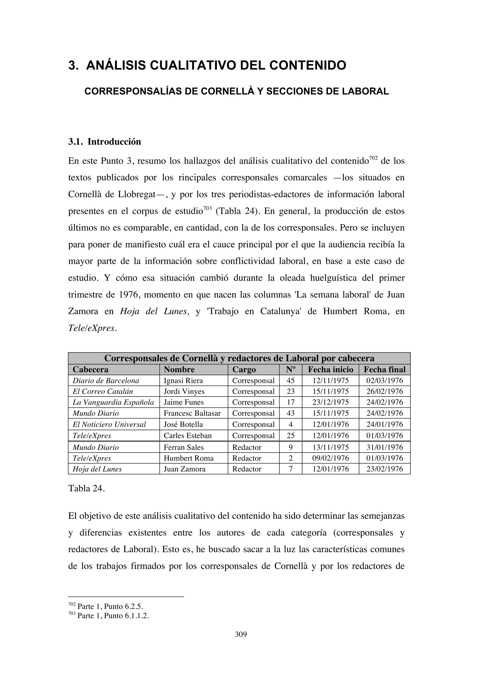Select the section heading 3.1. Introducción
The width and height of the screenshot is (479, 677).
pyautogui.click(x=105, y=142)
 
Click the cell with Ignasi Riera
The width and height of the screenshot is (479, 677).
pyautogui.click(x=183, y=381)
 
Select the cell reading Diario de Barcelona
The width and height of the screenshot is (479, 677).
pyautogui.click(x=106, y=381)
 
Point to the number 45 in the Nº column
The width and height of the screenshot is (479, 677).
pyautogui.click(x=290, y=381)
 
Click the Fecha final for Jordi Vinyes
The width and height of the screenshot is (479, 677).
pyautogui.click(x=384, y=392)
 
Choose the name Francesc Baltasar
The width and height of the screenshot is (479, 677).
pyautogui.click(x=192, y=413)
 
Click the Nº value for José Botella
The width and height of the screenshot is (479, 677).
pyautogui.click(x=290, y=425)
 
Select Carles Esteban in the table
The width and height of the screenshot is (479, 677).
pyautogui.click(x=188, y=436)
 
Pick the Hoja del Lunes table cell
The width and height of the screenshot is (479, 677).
pyautogui.click(x=97, y=469)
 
